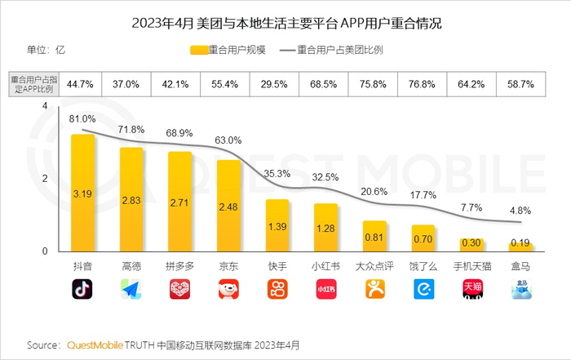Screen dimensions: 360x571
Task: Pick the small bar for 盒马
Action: coord(520,247)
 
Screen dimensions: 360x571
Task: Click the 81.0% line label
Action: coord(82,119)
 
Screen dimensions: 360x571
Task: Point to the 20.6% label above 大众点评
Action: coord(374,191)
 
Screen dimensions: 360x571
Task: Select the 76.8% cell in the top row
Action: coord(423,83)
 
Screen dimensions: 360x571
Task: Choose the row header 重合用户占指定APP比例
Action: coord(33,83)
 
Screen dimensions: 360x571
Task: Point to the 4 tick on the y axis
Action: coord(46,106)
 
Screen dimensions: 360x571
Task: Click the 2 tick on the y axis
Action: coord(46,179)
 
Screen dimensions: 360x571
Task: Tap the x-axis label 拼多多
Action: coord(180,266)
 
